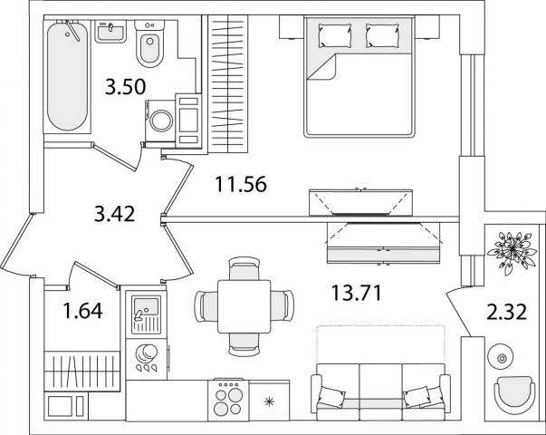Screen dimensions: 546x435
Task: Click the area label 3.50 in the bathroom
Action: click(125, 87)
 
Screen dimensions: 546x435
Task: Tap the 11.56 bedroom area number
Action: click(241, 184)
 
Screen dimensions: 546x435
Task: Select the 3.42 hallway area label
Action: click(114, 214)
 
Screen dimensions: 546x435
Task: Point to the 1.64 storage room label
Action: click(83, 311)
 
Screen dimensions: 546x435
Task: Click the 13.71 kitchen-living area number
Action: click(357, 293)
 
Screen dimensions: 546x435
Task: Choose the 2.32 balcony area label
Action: click(506, 312)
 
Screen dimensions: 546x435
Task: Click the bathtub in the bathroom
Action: click(67, 76)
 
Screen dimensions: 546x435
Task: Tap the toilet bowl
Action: click(149, 43)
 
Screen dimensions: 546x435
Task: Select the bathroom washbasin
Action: click(110, 31)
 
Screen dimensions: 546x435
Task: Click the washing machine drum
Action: click(161, 121)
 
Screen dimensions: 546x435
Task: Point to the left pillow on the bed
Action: click(335, 35)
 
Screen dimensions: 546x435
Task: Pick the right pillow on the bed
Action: click(382, 35)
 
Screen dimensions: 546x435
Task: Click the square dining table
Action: click(244, 306)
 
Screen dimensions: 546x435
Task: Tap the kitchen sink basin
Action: click(147, 306)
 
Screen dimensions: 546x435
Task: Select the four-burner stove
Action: click(228, 401)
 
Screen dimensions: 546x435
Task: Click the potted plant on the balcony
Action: click(512, 252)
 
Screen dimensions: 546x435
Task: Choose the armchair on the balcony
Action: click(515, 395)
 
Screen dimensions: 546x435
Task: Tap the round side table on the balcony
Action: click(502, 358)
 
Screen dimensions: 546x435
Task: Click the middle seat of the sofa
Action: click(380, 392)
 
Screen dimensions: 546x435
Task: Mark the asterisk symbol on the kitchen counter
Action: click(269, 402)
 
